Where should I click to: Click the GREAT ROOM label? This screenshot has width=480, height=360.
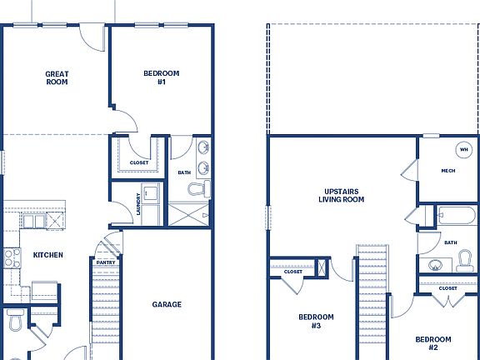tap(57, 78)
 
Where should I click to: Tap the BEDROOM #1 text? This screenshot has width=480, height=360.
tap(161, 78)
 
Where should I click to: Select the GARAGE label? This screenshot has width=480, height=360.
tap(167, 305)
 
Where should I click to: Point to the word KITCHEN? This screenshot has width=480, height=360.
tap(48, 255)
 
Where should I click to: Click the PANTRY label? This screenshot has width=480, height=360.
tap(106, 262)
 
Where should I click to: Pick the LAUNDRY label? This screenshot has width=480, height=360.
tap(137, 205)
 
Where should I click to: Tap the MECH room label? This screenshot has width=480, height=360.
tap(447, 172)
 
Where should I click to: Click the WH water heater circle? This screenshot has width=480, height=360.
tap(462, 150)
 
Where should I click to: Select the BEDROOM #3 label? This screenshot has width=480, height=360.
tap(317, 322)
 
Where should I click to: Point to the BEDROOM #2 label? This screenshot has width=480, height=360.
tap(433, 343)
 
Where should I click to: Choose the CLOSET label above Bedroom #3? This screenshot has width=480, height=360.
tap(293, 272)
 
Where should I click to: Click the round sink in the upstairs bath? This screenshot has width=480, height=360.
tap(435, 265)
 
